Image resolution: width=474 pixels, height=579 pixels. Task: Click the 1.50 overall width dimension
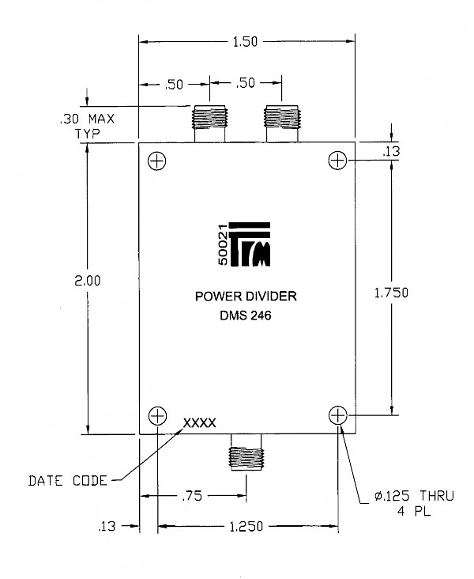coord(245,42)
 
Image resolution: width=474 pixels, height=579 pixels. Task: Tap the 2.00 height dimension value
coord(88,281)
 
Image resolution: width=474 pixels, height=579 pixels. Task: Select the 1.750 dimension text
coord(391,293)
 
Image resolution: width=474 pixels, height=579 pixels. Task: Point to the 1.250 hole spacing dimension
coord(246,526)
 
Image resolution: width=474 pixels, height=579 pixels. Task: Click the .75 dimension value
coord(192,496)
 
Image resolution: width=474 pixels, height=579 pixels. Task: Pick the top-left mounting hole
coord(157,161)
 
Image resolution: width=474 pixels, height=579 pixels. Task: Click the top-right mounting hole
coord(337,161)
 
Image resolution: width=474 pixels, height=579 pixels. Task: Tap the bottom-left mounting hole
coord(157,416)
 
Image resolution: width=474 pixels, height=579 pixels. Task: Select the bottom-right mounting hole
coord(338,415)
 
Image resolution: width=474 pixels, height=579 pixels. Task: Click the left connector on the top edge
coord(209,123)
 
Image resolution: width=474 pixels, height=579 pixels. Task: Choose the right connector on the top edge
coord(281,123)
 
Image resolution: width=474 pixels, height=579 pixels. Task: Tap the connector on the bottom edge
coord(246,452)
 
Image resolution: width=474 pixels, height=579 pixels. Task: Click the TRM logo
coord(250,244)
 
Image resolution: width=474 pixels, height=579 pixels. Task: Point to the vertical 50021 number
coord(223,245)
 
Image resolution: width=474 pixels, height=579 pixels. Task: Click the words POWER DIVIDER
coord(246,296)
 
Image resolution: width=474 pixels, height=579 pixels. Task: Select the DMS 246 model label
coord(246,316)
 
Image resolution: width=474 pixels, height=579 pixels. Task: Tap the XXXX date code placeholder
coord(200,423)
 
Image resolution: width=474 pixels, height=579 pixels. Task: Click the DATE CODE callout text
coord(68,481)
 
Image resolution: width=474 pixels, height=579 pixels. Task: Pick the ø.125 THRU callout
coord(414,496)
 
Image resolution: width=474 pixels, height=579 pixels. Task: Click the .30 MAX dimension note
coord(88,119)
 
